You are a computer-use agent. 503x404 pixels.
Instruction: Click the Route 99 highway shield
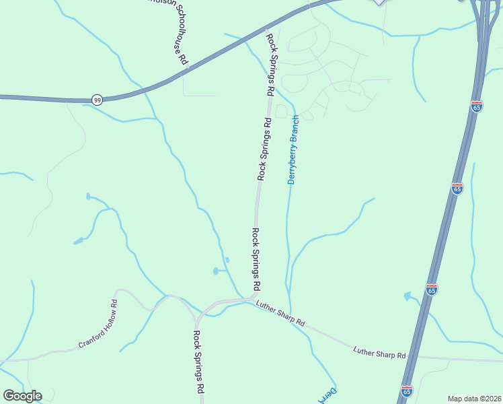point(97,100)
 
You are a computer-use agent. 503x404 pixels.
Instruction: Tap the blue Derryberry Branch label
point(294,149)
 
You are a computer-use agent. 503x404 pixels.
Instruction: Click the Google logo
point(22,396)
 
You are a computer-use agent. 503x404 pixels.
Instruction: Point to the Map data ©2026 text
point(474,398)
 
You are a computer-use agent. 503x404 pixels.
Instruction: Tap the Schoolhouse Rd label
point(178,37)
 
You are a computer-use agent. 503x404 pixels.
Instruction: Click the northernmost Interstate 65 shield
point(477,106)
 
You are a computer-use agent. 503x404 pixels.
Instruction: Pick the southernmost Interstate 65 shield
point(406,391)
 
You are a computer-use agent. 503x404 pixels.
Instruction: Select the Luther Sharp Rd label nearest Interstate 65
point(380,351)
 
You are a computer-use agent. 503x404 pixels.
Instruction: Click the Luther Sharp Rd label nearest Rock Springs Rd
point(280,314)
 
